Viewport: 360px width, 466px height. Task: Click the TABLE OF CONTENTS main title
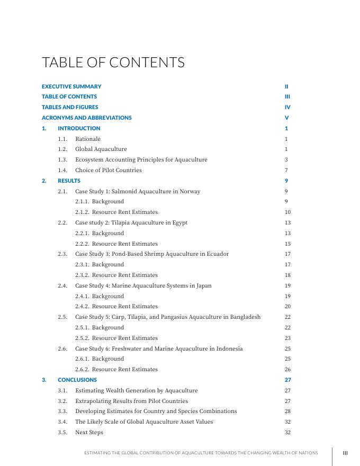(x=113, y=62)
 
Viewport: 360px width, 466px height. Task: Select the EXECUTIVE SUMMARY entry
(x=71, y=86)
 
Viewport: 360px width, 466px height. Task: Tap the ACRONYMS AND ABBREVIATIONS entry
(x=87, y=118)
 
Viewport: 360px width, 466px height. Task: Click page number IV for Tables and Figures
(x=287, y=107)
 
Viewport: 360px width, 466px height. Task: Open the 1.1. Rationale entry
(x=87, y=139)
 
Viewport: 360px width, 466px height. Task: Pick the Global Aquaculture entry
(x=101, y=149)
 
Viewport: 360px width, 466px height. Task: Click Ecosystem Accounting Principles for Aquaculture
(x=141, y=159)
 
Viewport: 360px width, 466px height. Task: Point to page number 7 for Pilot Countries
(x=286, y=170)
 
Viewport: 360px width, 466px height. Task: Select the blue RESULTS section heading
(x=69, y=181)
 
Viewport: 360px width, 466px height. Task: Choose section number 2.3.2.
(x=82, y=275)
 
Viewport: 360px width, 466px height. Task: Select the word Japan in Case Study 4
(x=204, y=285)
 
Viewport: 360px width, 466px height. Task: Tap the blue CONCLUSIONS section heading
(x=77, y=380)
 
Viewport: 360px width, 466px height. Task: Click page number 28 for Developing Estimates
(x=287, y=411)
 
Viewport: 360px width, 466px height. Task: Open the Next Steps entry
(x=89, y=432)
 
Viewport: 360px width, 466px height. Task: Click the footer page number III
(x=345, y=453)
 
